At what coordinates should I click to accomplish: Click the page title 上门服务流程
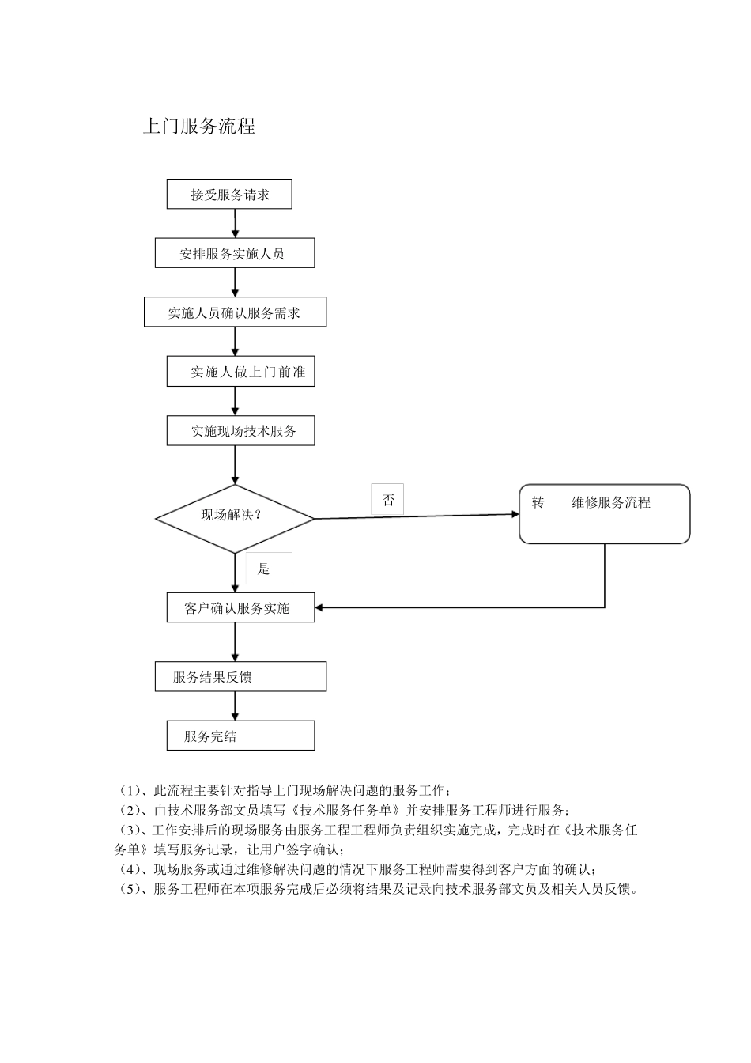[x=198, y=127]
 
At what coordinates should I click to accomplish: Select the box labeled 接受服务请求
[x=229, y=195]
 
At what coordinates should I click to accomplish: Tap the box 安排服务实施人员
[x=235, y=254]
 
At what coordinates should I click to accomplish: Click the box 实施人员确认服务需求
[x=235, y=312]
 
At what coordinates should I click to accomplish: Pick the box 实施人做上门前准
[x=240, y=372]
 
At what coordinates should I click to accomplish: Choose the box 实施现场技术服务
[x=240, y=431]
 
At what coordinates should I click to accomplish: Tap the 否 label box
[x=387, y=500]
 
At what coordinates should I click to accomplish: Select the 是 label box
[x=268, y=568]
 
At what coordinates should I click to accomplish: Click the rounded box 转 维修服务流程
[x=604, y=514]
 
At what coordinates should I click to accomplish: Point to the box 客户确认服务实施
[x=240, y=607]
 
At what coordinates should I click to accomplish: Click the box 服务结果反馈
[x=240, y=677]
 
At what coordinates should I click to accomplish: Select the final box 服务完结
[x=240, y=736]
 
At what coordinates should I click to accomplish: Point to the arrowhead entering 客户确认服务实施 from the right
[x=319, y=607]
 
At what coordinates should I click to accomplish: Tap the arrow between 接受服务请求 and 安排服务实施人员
[x=236, y=224]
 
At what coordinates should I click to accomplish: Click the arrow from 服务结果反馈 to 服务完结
[x=236, y=706]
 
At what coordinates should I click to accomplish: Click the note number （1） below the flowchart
[x=128, y=790]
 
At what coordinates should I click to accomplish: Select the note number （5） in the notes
[x=128, y=888]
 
